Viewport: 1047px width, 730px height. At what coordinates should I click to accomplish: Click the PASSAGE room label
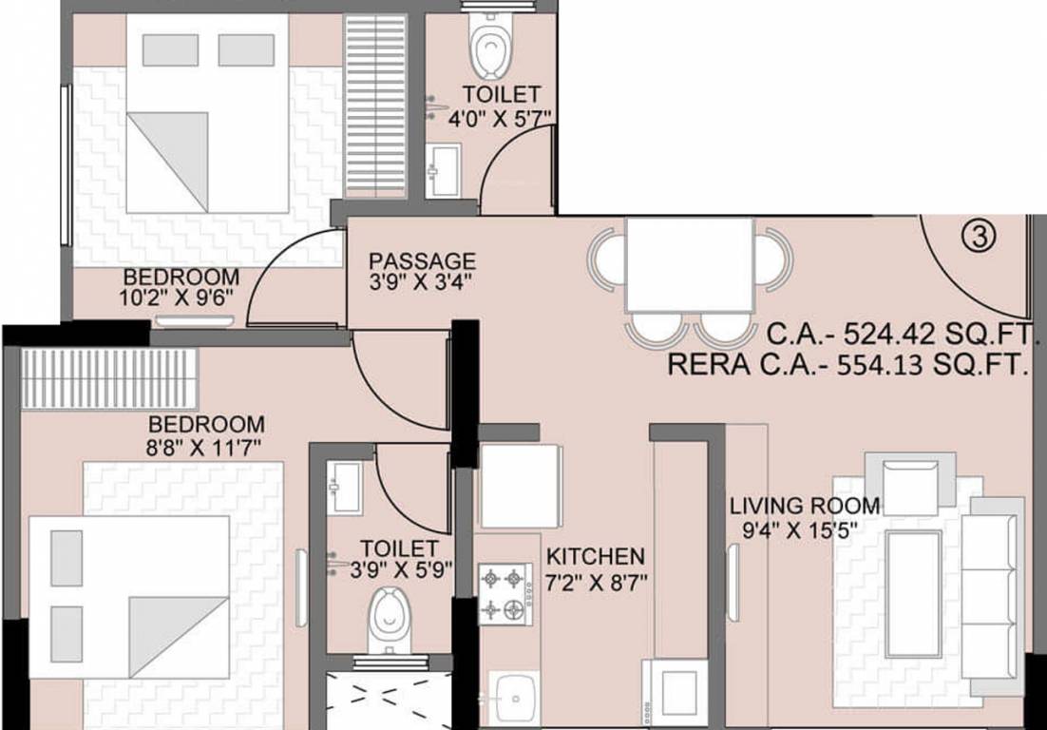[422, 260]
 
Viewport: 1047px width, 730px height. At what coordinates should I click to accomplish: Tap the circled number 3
[979, 236]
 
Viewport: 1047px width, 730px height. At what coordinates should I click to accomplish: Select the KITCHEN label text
[596, 556]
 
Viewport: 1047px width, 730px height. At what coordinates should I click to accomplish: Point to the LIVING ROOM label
[805, 506]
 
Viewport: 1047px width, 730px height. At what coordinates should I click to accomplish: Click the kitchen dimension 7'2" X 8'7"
[597, 583]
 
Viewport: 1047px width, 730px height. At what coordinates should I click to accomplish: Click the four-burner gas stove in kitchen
[505, 594]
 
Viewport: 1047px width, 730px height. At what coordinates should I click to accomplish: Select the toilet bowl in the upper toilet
[493, 46]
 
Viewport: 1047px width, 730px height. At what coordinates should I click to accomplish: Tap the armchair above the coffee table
[910, 478]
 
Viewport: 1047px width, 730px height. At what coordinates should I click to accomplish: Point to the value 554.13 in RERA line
[881, 365]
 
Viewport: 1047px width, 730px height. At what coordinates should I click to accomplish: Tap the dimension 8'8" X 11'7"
[203, 447]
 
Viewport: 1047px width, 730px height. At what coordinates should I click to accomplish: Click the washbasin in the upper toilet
[444, 170]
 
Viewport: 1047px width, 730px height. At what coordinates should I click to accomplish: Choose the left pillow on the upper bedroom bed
[170, 50]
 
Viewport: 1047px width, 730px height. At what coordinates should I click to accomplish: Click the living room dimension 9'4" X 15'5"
[801, 531]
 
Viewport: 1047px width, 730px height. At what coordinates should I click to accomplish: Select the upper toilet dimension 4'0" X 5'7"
[499, 119]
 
